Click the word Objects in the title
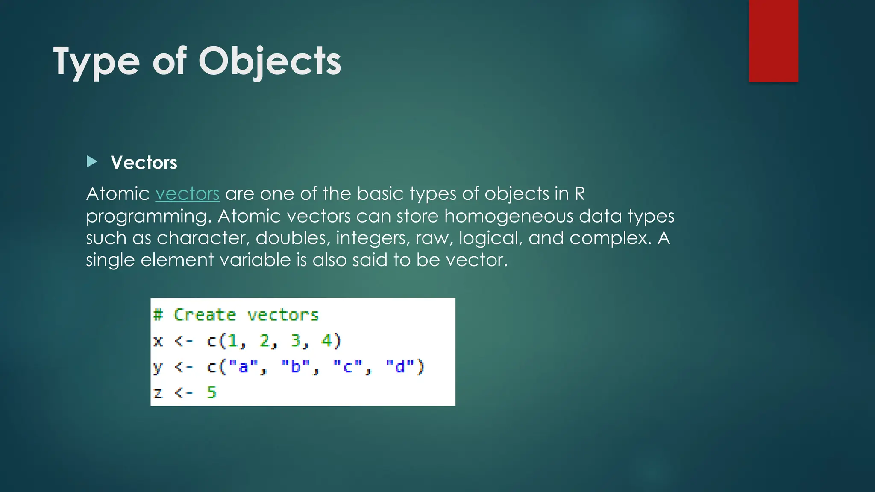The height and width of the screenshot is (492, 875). (270, 61)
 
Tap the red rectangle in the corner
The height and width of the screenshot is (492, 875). (773, 41)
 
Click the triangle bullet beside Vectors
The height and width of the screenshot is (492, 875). (92, 162)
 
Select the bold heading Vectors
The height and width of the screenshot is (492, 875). (144, 163)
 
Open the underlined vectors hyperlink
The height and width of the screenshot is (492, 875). (187, 194)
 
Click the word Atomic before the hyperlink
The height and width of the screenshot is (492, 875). (117, 194)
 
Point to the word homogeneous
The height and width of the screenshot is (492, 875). (508, 216)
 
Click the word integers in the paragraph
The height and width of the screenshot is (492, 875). (370, 238)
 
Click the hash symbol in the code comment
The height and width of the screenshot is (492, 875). (158, 315)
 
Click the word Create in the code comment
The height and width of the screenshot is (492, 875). (205, 315)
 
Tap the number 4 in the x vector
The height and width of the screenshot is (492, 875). (326, 341)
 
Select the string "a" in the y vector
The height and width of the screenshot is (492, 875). (243, 367)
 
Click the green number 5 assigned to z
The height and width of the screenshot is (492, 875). (212, 392)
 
